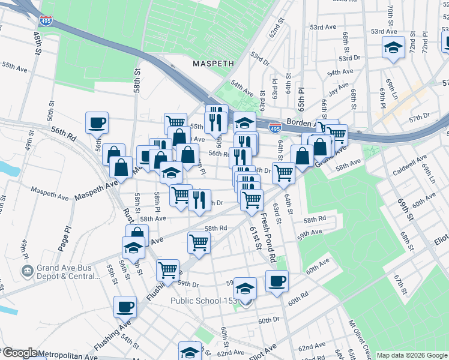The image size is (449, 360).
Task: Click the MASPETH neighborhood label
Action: [212, 62]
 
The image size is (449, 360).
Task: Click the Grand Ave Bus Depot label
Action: [67, 271]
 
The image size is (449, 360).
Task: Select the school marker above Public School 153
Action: [245, 289]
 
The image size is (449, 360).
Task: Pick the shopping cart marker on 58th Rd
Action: [199, 242]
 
